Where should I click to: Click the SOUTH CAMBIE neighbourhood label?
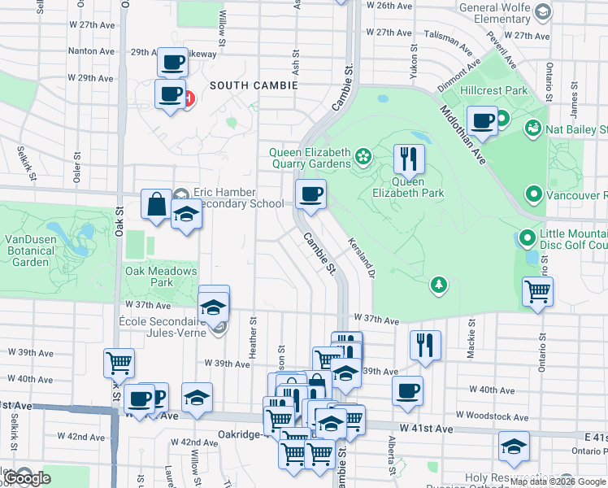click(254, 85)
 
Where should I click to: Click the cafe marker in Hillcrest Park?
click(483, 120)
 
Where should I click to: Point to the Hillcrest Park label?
click(494, 91)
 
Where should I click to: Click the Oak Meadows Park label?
click(161, 277)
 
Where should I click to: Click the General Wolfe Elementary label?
click(495, 13)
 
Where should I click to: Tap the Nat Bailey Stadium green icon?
click(534, 129)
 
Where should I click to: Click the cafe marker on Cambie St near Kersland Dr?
click(310, 194)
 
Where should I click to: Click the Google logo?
click(28, 478)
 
